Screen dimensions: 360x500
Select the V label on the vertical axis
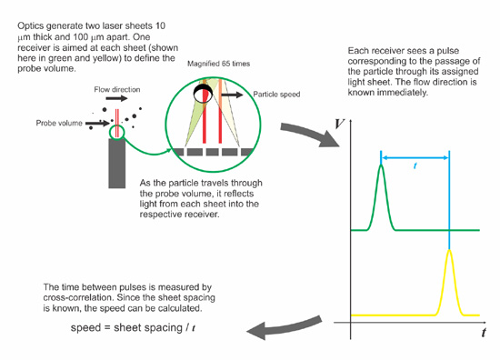click(339, 122)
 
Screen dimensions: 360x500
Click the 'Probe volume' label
click(59, 121)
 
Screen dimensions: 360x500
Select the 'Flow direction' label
click(116, 90)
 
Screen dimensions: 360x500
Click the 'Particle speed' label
click(276, 94)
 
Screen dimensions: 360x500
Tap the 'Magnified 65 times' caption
click(219, 64)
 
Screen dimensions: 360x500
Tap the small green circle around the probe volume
click(115, 134)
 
